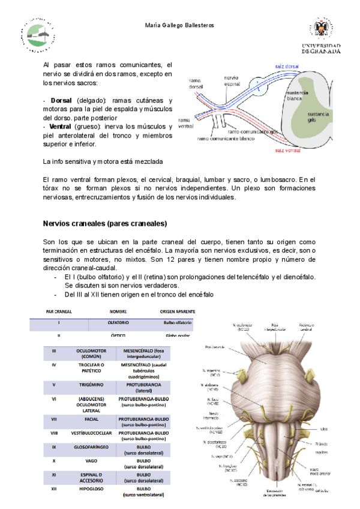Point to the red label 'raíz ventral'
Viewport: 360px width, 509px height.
(288, 150)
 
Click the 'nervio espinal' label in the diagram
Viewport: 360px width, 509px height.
(232, 80)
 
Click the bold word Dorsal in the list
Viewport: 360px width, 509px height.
(62, 100)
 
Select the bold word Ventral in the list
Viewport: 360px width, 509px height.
(63, 127)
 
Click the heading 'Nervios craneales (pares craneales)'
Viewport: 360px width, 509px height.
(104, 223)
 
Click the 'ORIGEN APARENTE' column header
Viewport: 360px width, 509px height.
(178, 311)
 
